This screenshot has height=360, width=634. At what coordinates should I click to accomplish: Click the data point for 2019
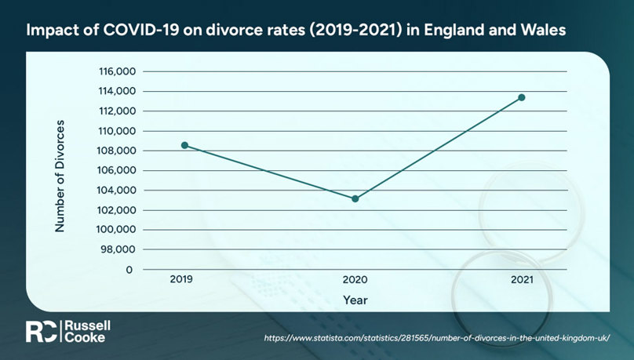click(x=184, y=145)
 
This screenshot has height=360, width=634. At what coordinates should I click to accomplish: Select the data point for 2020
click(x=355, y=198)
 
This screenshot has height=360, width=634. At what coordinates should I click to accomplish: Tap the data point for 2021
click(x=522, y=97)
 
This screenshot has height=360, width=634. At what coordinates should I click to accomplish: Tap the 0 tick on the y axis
click(x=129, y=270)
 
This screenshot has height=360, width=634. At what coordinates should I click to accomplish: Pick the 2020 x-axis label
click(x=355, y=279)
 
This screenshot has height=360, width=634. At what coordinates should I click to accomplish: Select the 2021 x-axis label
click(x=522, y=279)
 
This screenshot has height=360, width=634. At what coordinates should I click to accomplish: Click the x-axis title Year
click(x=355, y=300)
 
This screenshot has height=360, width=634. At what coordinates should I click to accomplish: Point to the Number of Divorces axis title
click(x=60, y=176)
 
